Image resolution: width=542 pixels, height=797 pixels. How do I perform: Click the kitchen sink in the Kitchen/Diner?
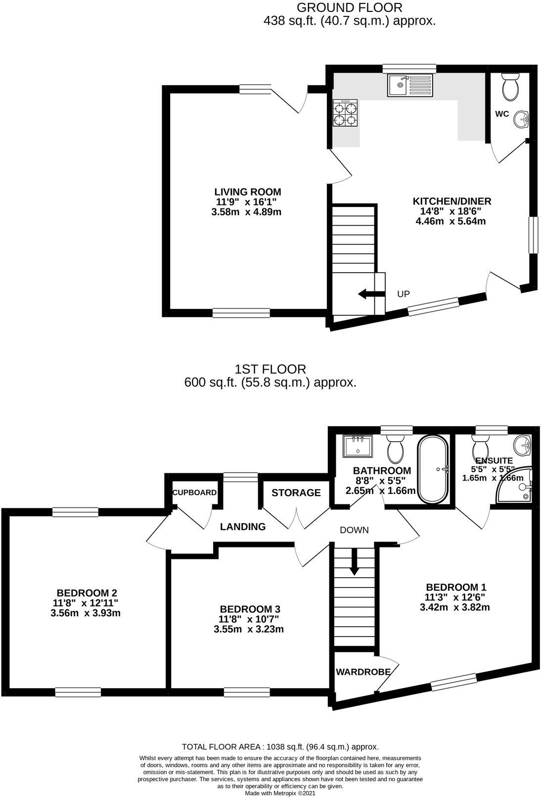point(409,86)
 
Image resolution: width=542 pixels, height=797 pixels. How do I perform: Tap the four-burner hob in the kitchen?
point(345,113)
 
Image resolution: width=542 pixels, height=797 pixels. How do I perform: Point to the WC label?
point(502,114)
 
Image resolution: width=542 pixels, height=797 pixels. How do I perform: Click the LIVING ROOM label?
point(247,192)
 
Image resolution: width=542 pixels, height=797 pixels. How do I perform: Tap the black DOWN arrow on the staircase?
point(354,562)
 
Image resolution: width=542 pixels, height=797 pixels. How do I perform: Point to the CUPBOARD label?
point(194,493)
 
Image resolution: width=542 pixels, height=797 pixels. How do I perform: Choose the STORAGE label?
point(296,493)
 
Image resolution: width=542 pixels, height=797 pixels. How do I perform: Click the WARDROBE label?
point(363,672)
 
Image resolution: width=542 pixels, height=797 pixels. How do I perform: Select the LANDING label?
point(243,527)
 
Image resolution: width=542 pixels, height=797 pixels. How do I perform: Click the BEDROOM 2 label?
point(87,593)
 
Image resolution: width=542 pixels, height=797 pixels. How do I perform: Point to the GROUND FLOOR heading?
point(349,7)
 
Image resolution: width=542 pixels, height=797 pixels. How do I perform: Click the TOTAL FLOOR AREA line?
point(280,747)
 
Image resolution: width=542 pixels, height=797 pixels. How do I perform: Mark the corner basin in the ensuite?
point(522,446)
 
